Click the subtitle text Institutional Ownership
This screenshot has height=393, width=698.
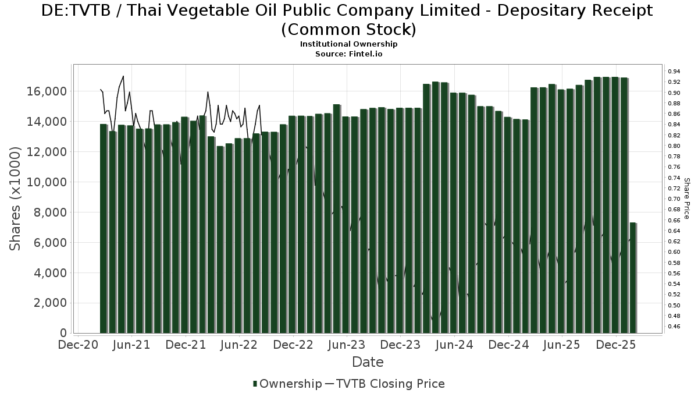pyautogui.click(x=348, y=44)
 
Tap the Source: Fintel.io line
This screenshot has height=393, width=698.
pyautogui.click(x=348, y=54)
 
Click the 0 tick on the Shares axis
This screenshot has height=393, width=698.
pyautogui.click(x=62, y=333)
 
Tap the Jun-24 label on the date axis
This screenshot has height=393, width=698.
pyautogui.click(x=454, y=345)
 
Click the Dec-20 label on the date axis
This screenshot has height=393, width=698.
pyautogui.click(x=77, y=345)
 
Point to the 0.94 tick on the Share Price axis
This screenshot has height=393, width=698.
pyautogui.click(x=674, y=71)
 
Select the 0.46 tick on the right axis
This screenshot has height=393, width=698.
pyautogui.click(x=674, y=327)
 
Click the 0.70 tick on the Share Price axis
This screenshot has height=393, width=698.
pyautogui.click(x=674, y=199)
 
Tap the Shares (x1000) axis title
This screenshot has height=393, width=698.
pyautogui.click(x=16, y=199)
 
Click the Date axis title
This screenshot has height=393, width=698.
pyautogui.click(x=368, y=362)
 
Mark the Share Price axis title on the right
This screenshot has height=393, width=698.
pyautogui.click(x=687, y=199)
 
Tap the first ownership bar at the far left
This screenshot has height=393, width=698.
pyautogui.click(x=104, y=228)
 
